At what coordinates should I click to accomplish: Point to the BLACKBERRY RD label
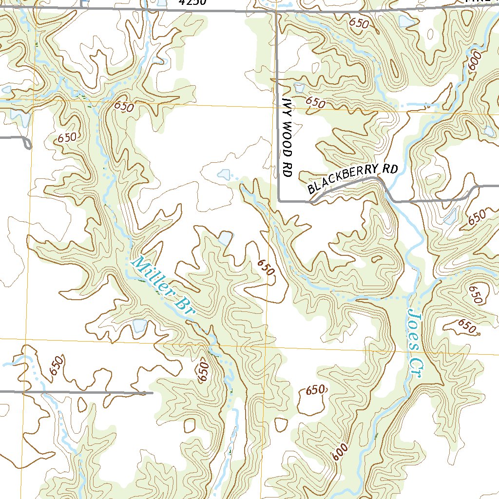[353, 179]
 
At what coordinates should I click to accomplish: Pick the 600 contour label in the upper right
[475, 62]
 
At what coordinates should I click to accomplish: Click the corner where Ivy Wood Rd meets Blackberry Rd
[279, 200]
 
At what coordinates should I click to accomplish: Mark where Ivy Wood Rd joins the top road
[276, 10]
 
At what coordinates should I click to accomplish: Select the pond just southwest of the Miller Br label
[139, 325]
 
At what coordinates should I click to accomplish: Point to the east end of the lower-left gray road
[152, 392]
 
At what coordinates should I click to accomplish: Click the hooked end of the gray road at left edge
[28, 145]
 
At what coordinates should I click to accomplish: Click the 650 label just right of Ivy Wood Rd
[315, 103]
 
